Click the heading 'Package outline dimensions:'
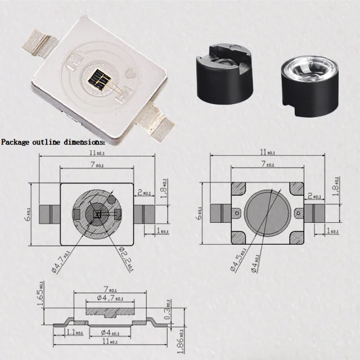tap(53, 142)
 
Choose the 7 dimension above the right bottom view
tap(268, 164)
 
